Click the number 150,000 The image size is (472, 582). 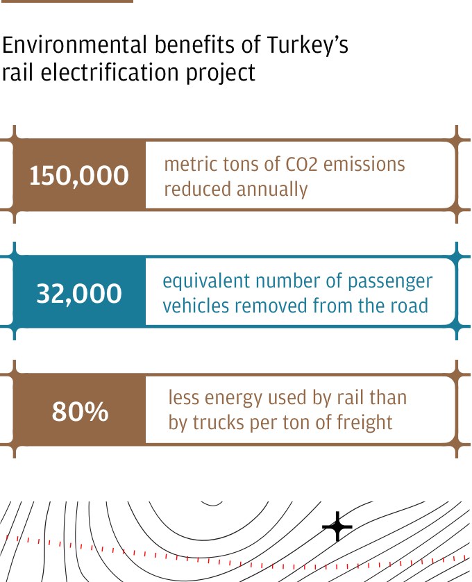click(79, 175)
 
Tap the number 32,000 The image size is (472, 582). click(79, 294)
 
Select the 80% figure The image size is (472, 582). click(80, 412)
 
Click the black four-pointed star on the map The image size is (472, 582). click(337, 526)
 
